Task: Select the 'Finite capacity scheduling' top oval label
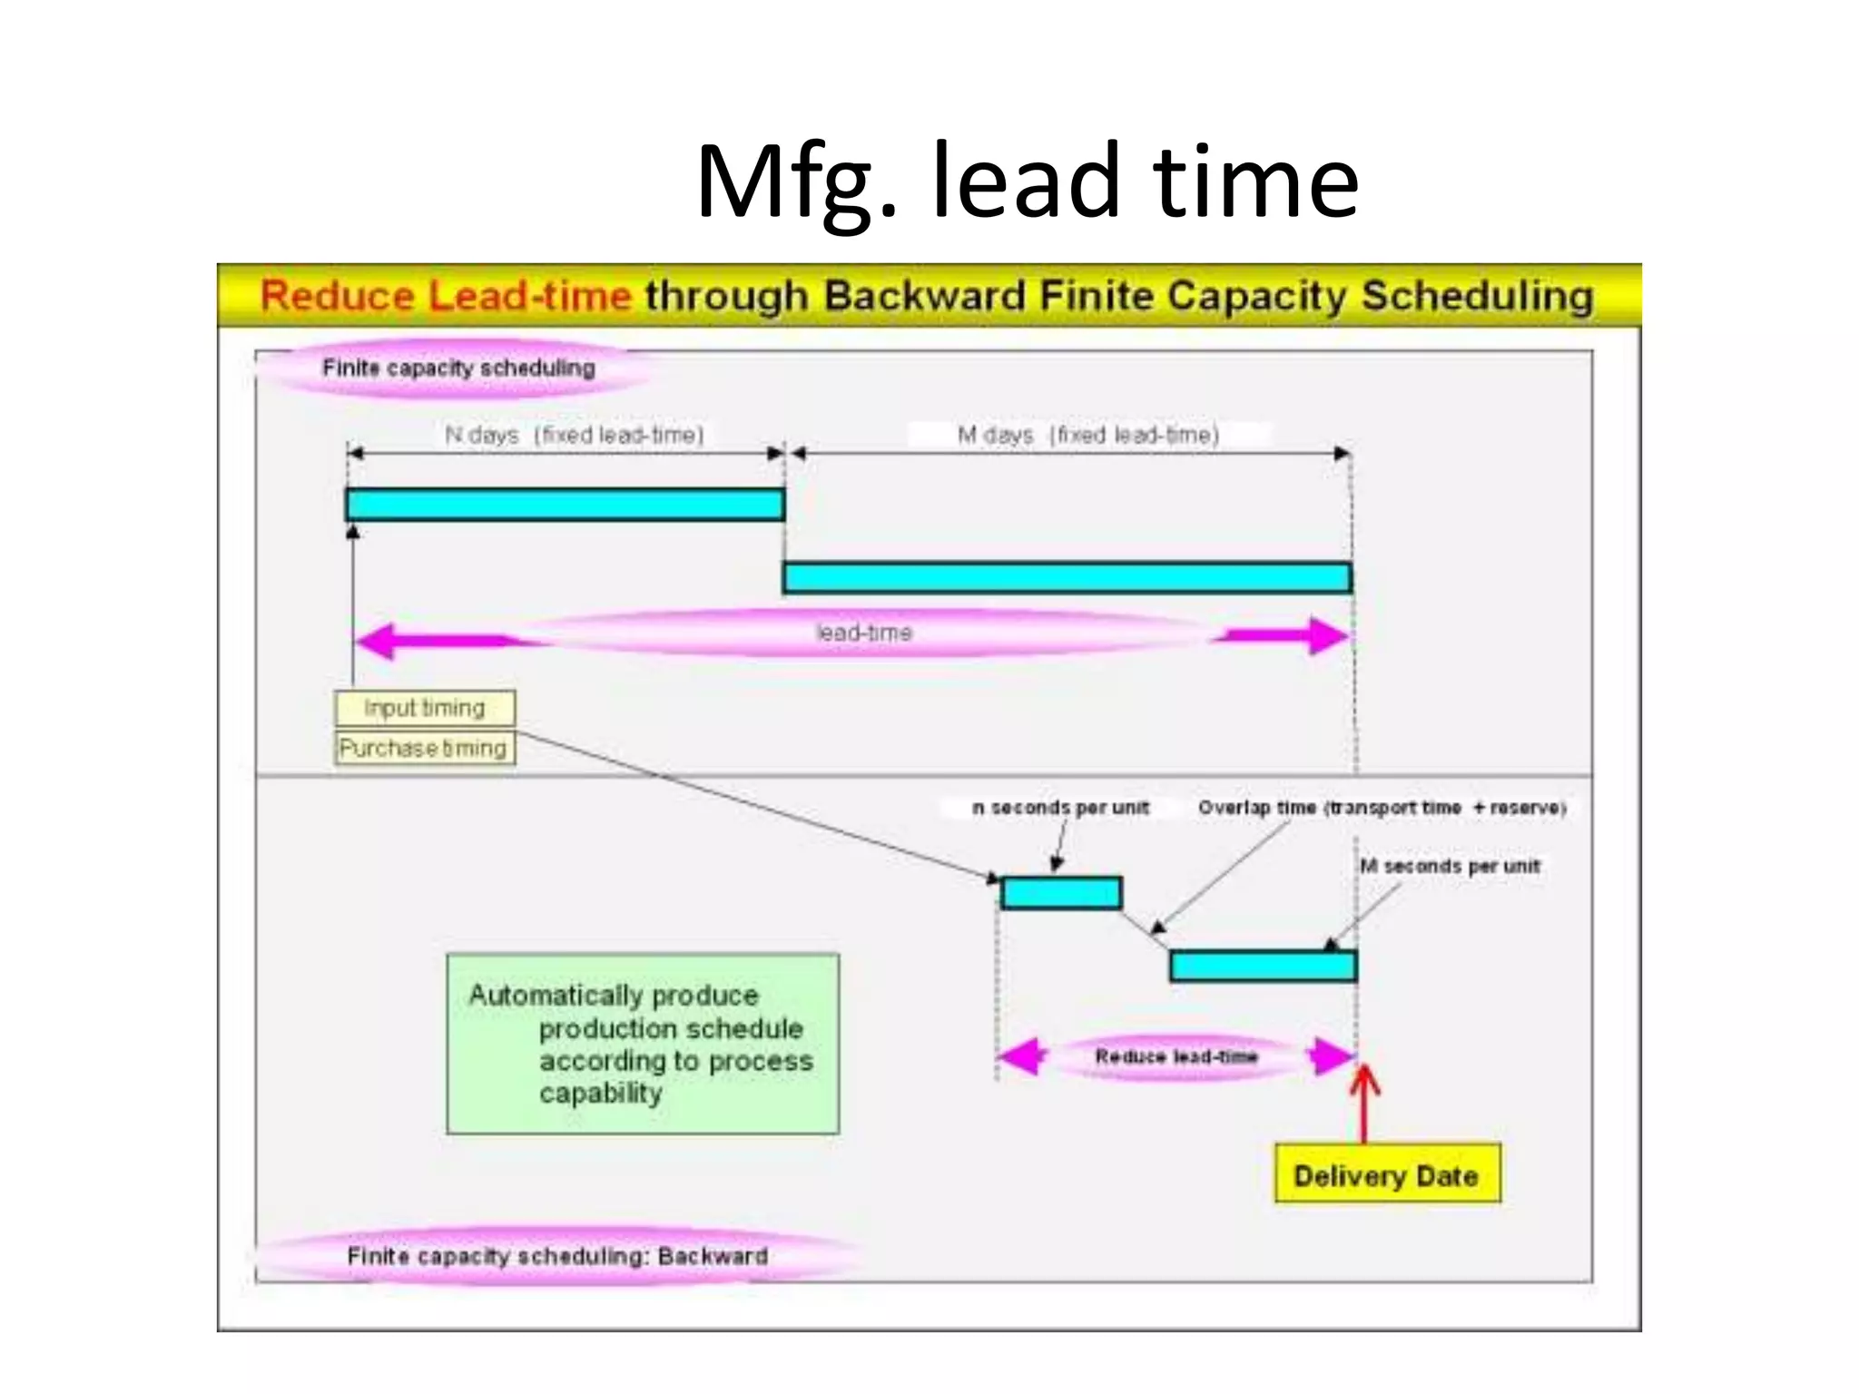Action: click(x=458, y=368)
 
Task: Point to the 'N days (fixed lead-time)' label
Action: click(x=574, y=435)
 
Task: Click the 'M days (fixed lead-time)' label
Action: click(x=1088, y=435)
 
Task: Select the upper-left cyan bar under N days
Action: click(x=565, y=505)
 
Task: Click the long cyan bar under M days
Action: click(x=1067, y=578)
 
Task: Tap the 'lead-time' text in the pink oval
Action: click(x=863, y=633)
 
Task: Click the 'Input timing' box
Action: click(x=425, y=708)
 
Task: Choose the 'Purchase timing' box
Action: click(x=424, y=748)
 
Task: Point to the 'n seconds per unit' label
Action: click(x=1060, y=808)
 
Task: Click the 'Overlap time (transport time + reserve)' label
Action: click(x=1381, y=808)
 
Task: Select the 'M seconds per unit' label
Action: click(x=1450, y=866)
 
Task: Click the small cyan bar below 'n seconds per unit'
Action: click(x=1060, y=893)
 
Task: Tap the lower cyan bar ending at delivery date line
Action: click(x=1263, y=966)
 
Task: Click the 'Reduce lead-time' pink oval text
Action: click(x=1175, y=1056)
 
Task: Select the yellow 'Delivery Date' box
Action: click(x=1386, y=1175)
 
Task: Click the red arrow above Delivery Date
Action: click(x=1363, y=1103)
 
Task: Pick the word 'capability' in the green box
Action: click(x=600, y=1094)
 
